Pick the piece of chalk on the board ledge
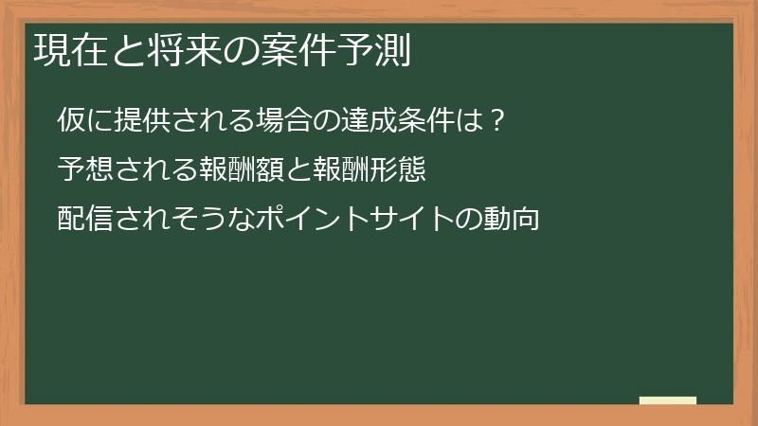(668, 399)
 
